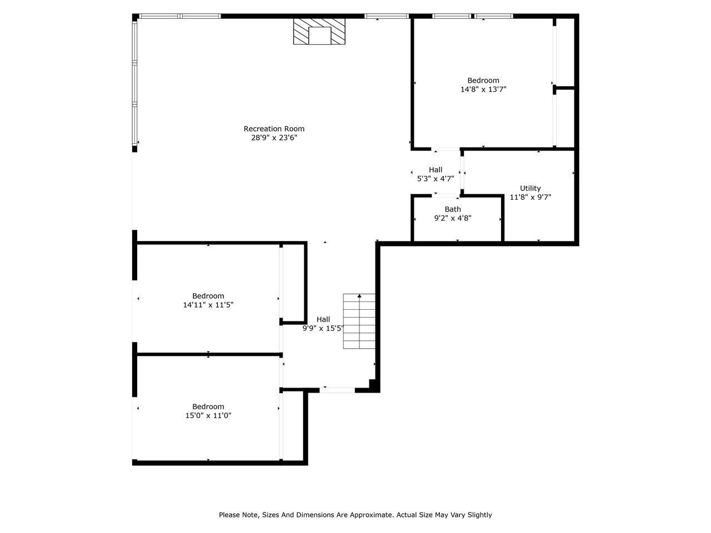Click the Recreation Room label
[274, 129]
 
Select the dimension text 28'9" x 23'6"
[274, 138]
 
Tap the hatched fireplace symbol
[319, 32]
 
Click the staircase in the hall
[359, 321]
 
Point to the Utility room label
[530, 188]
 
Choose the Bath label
[453, 209]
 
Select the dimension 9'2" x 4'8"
[453, 218]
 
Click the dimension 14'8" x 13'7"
[483, 89]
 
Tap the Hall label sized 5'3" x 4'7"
[435, 170]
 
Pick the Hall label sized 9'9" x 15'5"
[323, 319]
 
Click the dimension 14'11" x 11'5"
[208, 305]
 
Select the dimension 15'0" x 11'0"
[208, 415]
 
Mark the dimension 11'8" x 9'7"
[530, 197]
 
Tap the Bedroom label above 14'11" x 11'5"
[208, 296]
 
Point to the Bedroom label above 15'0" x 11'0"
[208, 406]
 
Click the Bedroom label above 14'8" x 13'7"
[483, 81]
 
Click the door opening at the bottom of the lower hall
[337, 390]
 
